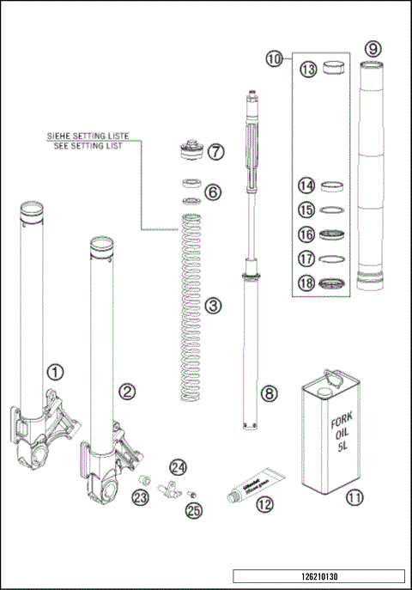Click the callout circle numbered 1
pyautogui.click(x=56, y=372)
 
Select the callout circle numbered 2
pyautogui.click(x=127, y=391)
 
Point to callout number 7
pyautogui.click(x=215, y=152)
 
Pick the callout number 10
pyautogui.click(x=274, y=59)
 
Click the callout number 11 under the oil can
pyautogui.click(x=353, y=496)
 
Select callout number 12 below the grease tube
pyautogui.click(x=264, y=504)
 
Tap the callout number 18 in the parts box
pyautogui.click(x=306, y=284)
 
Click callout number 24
pyautogui.click(x=177, y=467)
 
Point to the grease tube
pyautogui.click(x=250, y=485)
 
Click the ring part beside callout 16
pyautogui.click(x=333, y=234)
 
